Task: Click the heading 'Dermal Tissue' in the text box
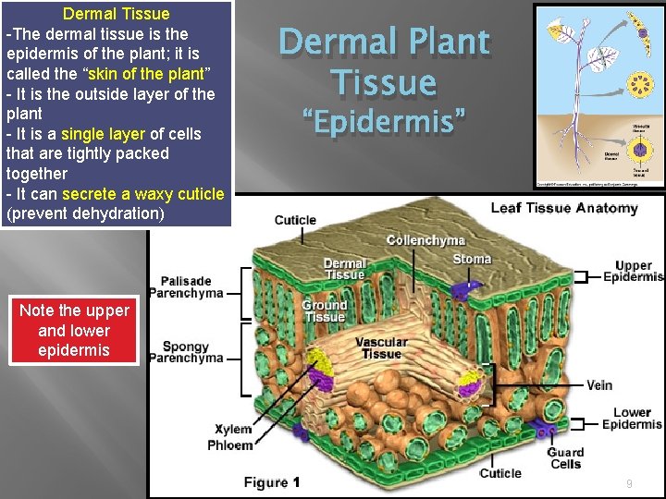pyautogui.click(x=116, y=14)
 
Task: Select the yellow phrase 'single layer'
pyautogui.click(x=103, y=134)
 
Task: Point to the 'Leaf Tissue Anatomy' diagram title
pyautogui.click(x=563, y=208)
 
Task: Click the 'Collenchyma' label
pyautogui.click(x=425, y=240)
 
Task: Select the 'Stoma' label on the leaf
pyautogui.click(x=472, y=259)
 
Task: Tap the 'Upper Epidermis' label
pyautogui.click(x=633, y=271)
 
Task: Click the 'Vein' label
pyautogui.click(x=599, y=385)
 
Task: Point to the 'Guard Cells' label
pyautogui.click(x=565, y=458)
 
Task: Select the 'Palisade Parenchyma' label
pyautogui.click(x=191, y=287)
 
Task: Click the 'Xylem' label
pyautogui.click(x=233, y=430)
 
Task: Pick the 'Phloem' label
pyautogui.click(x=230, y=445)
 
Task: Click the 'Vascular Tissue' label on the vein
pyautogui.click(x=381, y=347)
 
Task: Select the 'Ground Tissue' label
pyautogui.click(x=324, y=310)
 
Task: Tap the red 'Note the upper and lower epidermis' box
pyautogui.click(x=74, y=331)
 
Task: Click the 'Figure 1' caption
pyautogui.click(x=272, y=481)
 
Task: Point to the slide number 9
pyautogui.click(x=629, y=483)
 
